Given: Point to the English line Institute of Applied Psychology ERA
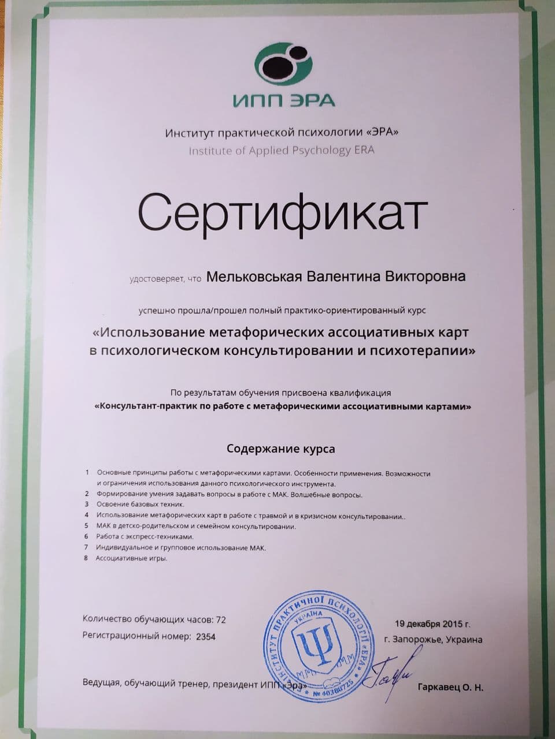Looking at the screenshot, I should (x=282, y=151).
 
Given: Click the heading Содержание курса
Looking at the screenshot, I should (x=280, y=448).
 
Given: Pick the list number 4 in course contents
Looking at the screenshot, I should (x=87, y=515).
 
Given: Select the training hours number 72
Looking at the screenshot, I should (x=220, y=620).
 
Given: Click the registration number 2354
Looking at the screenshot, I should (x=206, y=637).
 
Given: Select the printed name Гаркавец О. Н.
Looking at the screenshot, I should (x=450, y=688).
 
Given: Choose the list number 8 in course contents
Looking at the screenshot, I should (x=86, y=558).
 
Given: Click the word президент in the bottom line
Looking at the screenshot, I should (x=235, y=685).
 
